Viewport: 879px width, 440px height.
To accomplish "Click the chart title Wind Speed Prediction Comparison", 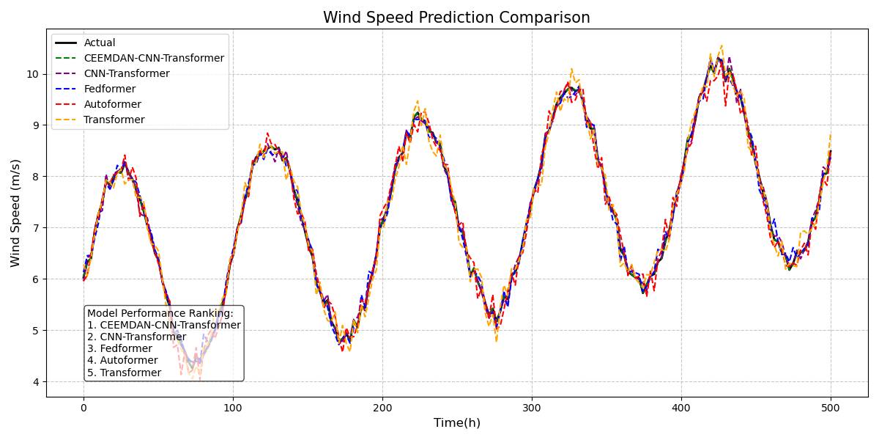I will (456, 18).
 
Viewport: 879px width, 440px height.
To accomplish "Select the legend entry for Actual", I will (100, 43).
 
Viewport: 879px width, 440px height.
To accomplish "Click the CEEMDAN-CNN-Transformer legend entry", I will (154, 58).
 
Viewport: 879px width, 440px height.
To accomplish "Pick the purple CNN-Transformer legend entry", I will (126, 73).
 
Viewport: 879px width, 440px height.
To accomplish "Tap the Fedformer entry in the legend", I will (110, 89).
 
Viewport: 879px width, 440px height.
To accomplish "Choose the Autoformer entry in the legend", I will (112, 104).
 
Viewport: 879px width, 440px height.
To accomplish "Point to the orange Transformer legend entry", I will (114, 120).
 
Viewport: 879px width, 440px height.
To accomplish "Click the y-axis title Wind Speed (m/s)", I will (15, 213).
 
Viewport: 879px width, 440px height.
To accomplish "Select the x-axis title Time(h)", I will (456, 423).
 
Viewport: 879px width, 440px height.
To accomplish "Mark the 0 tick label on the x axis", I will (84, 407).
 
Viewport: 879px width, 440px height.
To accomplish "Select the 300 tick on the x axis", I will (532, 407).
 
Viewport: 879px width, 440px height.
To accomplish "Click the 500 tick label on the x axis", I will (831, 407).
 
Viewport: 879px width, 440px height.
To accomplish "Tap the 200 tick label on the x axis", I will (382, 407).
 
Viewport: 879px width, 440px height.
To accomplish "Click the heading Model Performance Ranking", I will (160, 313).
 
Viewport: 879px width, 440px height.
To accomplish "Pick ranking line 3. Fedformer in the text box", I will (119, 348).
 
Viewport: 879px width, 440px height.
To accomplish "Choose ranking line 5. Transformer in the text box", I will (124, 373).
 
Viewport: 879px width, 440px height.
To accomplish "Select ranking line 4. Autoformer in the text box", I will (122, 360).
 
